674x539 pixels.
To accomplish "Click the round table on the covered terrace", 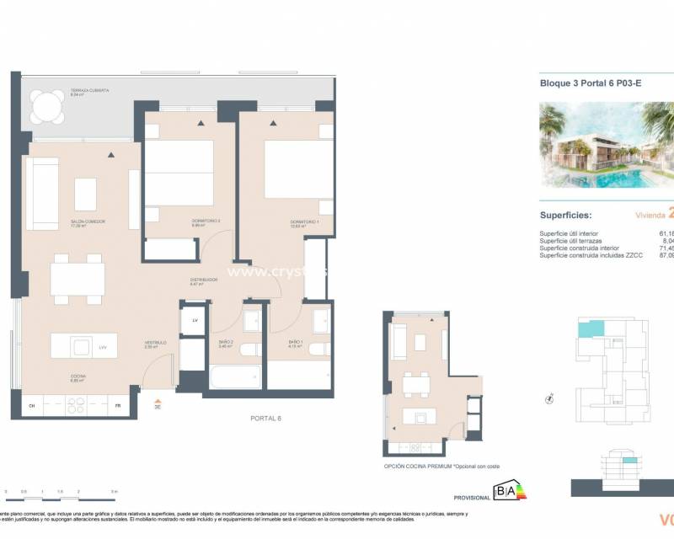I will coord(44,107).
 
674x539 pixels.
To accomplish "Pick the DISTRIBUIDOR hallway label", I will coord(204,280).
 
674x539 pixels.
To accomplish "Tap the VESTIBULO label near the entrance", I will coord(155,343).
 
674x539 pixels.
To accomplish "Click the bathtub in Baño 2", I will coord(233,376).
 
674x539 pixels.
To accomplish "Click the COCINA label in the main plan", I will coord(80,376).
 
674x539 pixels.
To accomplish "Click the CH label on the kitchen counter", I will coord(31,405).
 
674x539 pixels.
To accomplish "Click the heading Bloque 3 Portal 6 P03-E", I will coord(581,83).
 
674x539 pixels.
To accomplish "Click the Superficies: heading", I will coord(570,216).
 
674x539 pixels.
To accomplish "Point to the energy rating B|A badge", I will coord(508,490).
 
